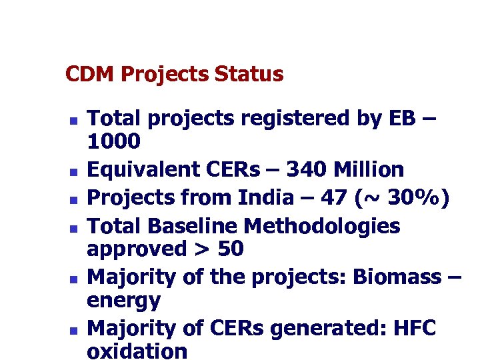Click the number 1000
114,141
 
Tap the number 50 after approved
231,249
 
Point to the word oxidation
137,351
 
